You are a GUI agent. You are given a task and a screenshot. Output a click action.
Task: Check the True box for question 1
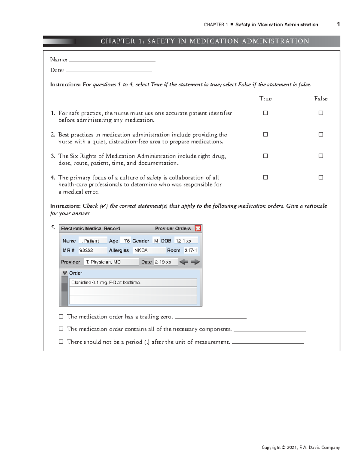coord(265,113)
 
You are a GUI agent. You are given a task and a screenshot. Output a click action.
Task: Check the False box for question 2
coord(321,135)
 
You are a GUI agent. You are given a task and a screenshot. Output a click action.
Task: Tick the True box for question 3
coord(265,156)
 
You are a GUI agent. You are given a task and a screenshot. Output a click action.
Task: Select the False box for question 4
coord(321,177)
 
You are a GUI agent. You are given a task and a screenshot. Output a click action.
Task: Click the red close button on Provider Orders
coord(198,228)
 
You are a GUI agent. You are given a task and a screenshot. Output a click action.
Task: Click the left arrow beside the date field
coord(184,262)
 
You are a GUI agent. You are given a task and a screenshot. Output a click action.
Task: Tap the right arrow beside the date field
coord(195,262)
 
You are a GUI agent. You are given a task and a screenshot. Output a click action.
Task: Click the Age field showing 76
coord(125,241)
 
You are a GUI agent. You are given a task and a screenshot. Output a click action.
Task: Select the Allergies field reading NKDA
coord(149,250)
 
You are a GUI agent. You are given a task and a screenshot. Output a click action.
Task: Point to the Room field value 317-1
coord(191,250)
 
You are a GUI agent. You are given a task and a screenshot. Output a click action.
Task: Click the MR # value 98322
coord(93,250)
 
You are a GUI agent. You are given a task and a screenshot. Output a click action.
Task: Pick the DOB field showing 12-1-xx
coord(186,241)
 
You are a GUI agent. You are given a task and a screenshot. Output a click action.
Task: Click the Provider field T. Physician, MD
coord(111,262)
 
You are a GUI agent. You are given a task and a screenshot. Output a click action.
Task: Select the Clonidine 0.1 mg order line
coord(133,283)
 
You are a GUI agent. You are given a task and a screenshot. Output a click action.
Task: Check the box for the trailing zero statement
coord(61,317)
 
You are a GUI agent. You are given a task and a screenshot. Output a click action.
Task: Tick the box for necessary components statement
coord(61,329)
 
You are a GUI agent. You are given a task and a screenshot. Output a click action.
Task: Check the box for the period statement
coord(61,342)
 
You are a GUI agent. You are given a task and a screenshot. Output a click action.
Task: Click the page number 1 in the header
coord(338,24)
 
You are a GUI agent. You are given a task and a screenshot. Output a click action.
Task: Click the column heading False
coord(321,99)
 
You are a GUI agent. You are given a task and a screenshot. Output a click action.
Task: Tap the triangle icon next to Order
coord(64,273)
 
